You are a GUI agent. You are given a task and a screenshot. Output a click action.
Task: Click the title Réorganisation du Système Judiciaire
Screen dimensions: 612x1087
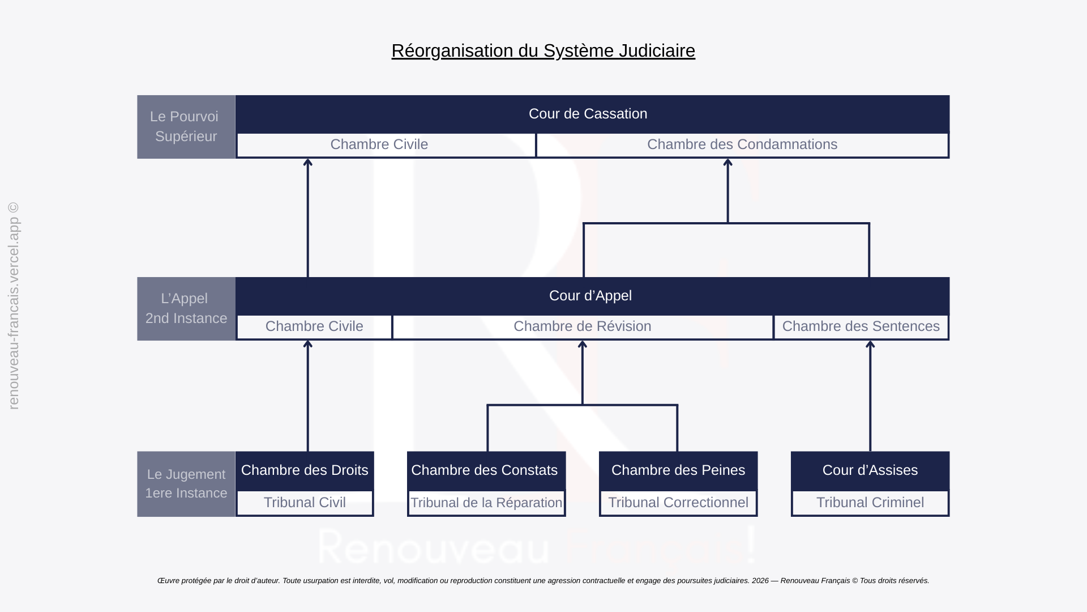click(543, 50)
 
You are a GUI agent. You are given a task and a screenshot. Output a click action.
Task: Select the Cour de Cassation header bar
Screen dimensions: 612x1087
click(588, 114)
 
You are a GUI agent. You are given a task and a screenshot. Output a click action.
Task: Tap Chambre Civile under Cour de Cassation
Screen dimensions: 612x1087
click(379, 144)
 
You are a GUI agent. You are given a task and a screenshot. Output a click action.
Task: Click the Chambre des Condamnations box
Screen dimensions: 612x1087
click(742, 144)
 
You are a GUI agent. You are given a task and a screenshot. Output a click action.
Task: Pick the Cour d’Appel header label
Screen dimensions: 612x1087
click(590, 296)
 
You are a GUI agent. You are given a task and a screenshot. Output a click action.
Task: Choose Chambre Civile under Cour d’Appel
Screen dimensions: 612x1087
click(314, 326)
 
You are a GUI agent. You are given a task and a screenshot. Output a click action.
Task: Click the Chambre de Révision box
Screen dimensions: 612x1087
click(582, 326)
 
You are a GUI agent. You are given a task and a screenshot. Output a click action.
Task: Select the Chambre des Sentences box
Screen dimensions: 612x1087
click(861, 326)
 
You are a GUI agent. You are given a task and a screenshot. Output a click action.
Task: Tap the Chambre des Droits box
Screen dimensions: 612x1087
click(305, 470)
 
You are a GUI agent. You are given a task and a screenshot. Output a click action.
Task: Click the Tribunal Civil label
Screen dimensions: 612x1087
click(305, 503)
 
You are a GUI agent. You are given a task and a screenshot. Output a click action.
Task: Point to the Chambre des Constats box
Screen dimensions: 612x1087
click(485, 470)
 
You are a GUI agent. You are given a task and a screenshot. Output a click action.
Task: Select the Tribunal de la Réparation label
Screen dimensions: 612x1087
click(486, 503)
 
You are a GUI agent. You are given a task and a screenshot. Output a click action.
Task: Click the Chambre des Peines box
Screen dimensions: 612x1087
click(678, 470)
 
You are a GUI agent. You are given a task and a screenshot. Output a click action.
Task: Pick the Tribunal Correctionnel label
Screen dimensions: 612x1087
click(678, 503)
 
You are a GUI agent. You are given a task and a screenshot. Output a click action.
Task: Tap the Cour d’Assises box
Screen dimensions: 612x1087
click(870, 470)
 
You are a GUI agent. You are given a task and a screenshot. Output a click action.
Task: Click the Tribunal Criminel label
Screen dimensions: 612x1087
click(870, 503)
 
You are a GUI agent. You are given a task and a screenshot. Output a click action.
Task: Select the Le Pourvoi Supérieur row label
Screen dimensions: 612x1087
click(186, 126)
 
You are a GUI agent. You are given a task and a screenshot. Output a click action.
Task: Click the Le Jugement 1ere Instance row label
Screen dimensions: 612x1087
click(186, 483)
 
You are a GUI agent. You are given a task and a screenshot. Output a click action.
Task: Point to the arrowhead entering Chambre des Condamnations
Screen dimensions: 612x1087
click(728, 163)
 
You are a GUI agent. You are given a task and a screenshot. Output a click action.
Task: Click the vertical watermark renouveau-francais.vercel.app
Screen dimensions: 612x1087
click(14, 306)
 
